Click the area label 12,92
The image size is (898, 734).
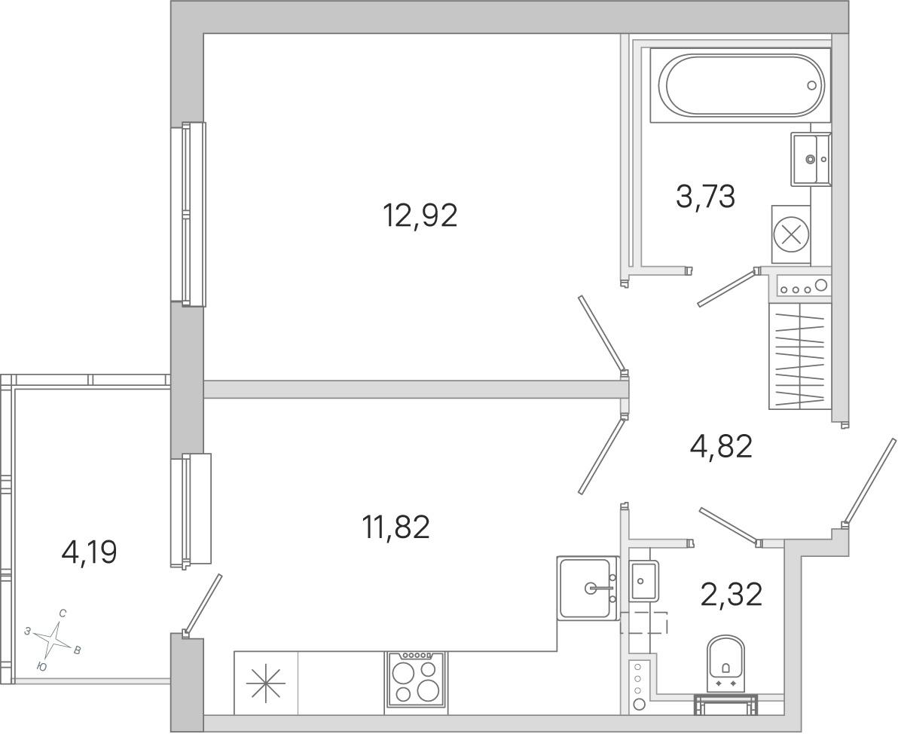[420, 216]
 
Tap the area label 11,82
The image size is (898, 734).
[396, 527]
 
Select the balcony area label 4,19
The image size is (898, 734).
[89, 553]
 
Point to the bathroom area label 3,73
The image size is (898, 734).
[705, 197]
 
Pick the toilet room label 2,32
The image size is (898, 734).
[732, 595]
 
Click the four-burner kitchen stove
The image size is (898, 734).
[417, 680]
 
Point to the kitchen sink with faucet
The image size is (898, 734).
[588, 589]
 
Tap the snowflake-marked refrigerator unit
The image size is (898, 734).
[266, 683]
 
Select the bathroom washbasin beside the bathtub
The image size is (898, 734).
[811, 159]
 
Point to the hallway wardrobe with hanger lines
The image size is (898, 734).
[799, 356]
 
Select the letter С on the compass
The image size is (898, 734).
[63, 613]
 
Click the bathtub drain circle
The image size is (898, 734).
[811, 85]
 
